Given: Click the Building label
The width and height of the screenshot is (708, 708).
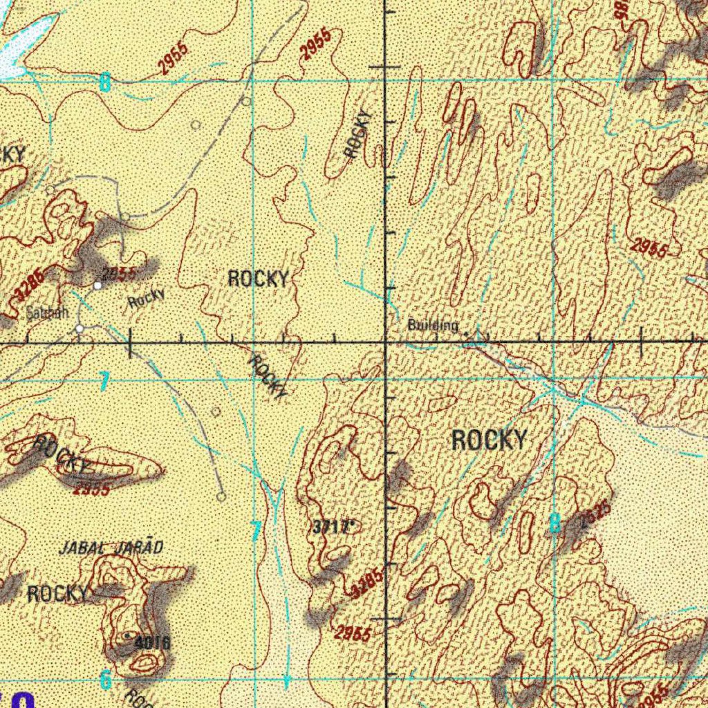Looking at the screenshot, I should point(433,325).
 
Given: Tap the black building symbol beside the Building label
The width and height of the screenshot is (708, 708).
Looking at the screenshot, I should point(466,334).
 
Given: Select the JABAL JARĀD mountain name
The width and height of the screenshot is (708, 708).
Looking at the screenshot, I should point(111,548).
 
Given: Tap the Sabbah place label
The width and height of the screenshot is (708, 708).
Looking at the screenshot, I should point(47,313).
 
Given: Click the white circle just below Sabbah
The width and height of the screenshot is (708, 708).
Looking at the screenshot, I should point(80,329).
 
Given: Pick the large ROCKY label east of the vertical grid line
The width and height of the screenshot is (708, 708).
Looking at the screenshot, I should point(489,440).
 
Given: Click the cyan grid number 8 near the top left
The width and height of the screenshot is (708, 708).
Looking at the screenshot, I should point(104,84).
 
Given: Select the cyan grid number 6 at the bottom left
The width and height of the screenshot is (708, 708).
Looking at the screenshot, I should point(105,680).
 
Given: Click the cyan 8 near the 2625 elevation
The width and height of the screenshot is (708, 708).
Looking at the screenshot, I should point(554,523).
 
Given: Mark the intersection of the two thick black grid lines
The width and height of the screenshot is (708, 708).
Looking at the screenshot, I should point(386,342).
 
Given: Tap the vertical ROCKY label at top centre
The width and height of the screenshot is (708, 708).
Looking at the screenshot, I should point(358,136).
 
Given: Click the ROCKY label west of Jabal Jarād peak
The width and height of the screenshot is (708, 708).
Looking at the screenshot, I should point(58,593).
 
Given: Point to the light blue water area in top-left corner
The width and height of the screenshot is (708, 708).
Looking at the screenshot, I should point(21,45).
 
